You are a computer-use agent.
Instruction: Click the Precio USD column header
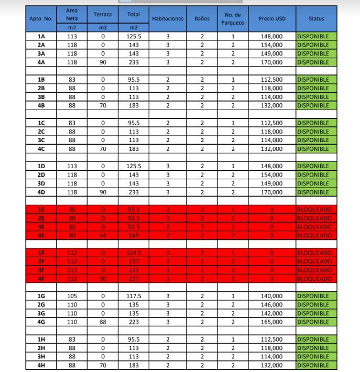click(271, 18)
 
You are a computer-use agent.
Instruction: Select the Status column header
click(316, 18)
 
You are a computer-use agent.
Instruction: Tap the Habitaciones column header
click(168, 18)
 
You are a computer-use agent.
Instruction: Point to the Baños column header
click(202, 18)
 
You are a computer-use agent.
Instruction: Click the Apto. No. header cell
click(41, 18)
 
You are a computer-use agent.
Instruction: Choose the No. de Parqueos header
click(233, 18)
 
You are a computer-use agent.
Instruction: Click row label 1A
click(41, 36)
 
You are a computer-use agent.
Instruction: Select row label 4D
click(41, 192)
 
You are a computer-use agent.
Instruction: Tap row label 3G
click(41, 313)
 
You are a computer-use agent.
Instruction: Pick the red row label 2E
click(41, 218)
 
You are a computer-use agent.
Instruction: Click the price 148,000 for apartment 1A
click(271, 36)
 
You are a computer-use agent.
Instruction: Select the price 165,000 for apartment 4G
click(271, 322)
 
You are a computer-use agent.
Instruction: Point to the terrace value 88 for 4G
click(103, 322)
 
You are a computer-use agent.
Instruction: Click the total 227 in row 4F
click(134, 279)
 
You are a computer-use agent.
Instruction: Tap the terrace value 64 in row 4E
click(103, 235)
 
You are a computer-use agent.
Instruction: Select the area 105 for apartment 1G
click(72, 296)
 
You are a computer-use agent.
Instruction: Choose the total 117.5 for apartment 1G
click(134, 296)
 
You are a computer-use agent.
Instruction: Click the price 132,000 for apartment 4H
click(271, 365)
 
